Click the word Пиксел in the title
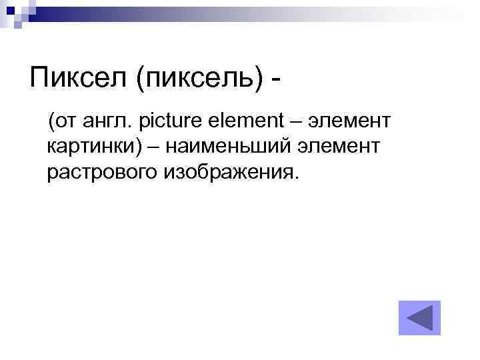pos(78,80)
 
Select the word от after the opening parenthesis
pos(64,121)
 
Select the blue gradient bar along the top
pos(267,10)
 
